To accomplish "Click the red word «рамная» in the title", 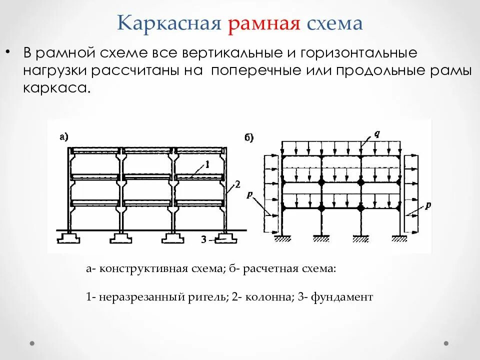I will click(264, 23).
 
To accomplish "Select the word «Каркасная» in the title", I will click(169, 23).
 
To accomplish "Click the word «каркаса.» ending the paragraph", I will click(57, 88).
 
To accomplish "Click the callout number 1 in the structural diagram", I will click(207, 164).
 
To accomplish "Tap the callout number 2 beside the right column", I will click(237, 184).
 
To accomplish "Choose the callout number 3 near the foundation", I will click(203, 239).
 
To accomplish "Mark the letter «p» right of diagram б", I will click(428, 205).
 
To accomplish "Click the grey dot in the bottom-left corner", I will click(32, 343).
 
